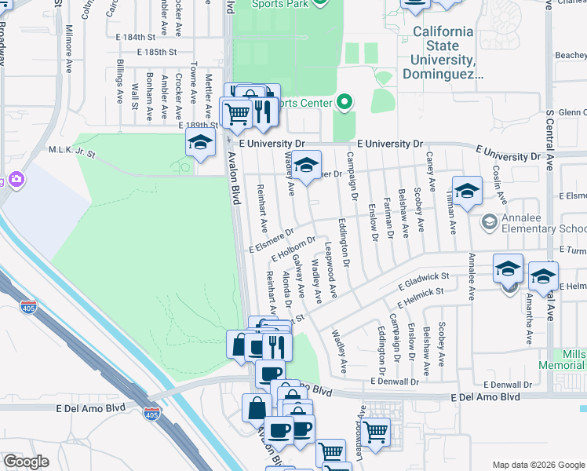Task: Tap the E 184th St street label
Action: [x=141, y=37]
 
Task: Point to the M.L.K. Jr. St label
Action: [x=71, y=150]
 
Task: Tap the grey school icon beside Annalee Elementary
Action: [x=490, y=223]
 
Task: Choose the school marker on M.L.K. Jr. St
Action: [x=200, y=143]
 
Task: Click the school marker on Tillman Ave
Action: [x=467, y=192]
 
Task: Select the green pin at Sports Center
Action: [x=343, y=102]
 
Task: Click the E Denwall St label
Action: [x=509, y=385]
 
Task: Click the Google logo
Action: [x=26, y=462]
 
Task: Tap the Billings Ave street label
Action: [x=119, y=81]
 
